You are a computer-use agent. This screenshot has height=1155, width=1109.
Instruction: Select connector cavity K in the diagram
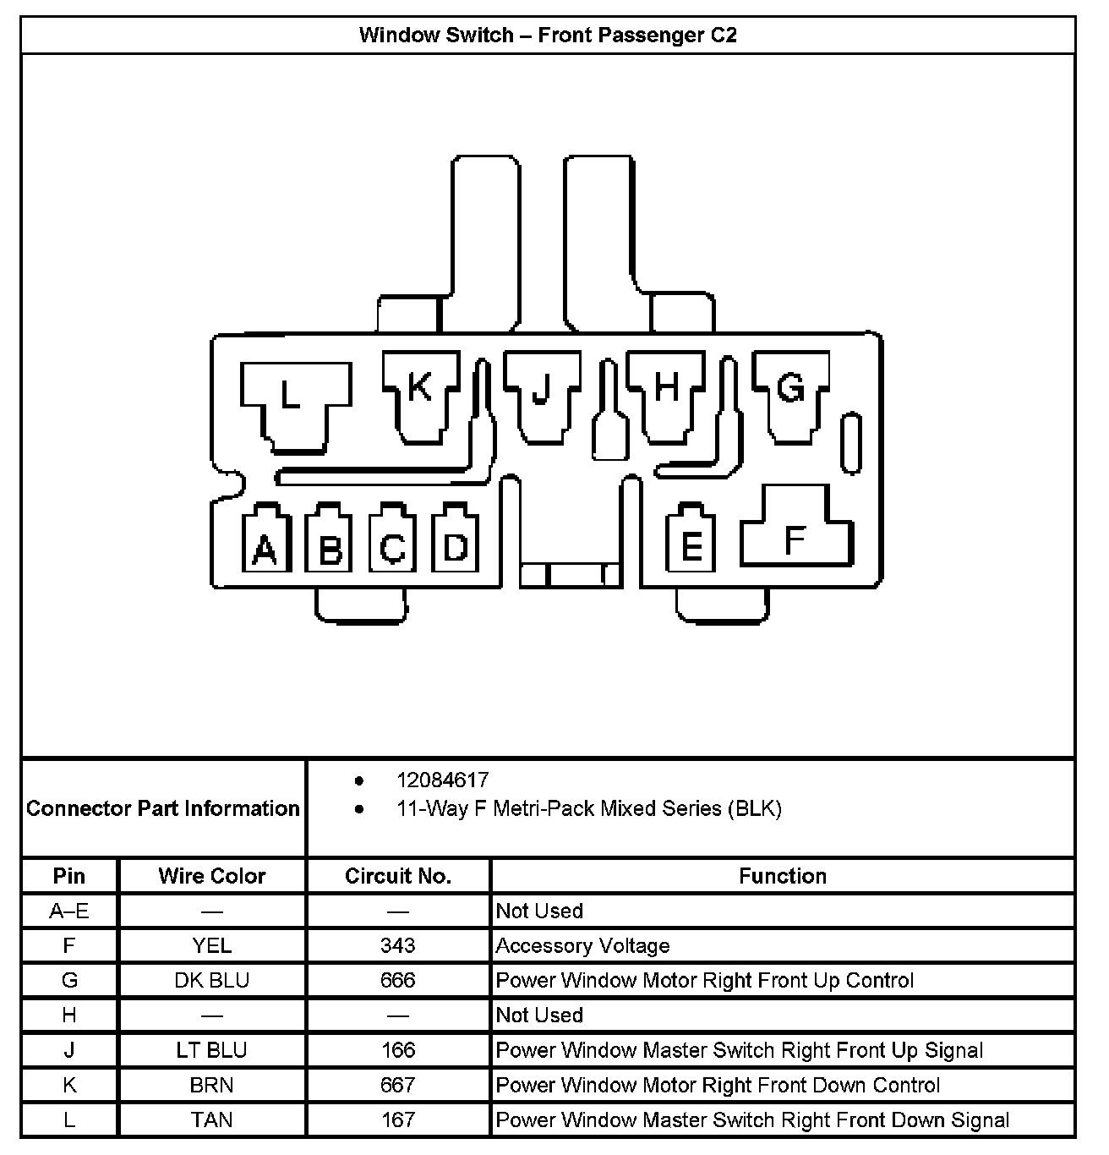pyautogui.click(x=421, y=394)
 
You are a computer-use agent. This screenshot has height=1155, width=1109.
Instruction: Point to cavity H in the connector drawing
pyautogui.click(x=666, y=394)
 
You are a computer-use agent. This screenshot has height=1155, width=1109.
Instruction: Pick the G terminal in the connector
pyautogui.click(x=791, y=394)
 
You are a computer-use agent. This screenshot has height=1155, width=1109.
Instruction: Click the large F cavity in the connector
pyautogui.click(x=795, y=533)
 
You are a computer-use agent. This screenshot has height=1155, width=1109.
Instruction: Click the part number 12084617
pyautogui.click(x=443, y=780)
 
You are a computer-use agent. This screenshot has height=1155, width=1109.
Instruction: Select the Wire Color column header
pyautogui.click(x=212, y=876)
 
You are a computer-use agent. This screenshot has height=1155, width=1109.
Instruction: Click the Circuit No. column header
pyautogui.click(x=398, y=876)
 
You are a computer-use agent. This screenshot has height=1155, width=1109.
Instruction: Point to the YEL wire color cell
pyautogui.click(x=212, y=945)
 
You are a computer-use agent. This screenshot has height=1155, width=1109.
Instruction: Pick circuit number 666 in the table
pyautogui.click(x=398, y=980)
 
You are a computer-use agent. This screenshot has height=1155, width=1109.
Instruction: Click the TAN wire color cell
pyautogui.click(x=212, y=1119)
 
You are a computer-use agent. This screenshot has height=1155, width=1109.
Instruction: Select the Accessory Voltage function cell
pyautogui.click(x=583, y=945)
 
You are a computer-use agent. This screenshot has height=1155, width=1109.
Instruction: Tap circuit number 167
pyautogui.click(x=398, y=1119)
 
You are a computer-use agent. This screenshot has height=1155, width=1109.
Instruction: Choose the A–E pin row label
pyautogui.click(x=69, y=911)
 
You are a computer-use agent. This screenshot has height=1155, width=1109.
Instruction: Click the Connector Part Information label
pyautogui.click(x=163, y=808)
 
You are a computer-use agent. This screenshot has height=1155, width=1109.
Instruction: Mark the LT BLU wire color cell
pyautogui.click(x=212, y=1050)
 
